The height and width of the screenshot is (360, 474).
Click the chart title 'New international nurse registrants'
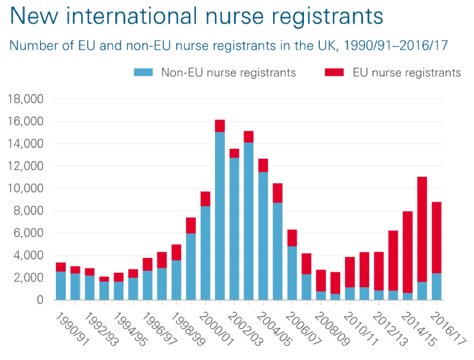point(196,16)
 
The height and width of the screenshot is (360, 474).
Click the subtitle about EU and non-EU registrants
point(229,46)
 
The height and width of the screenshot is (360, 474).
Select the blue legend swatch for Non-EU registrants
point(144,72)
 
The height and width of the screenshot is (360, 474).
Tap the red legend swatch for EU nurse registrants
point(334,72)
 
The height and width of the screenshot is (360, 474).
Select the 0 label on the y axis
point(40,300)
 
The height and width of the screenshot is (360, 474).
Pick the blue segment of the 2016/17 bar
point(436,286)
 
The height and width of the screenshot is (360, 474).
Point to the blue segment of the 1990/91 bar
point(61,285)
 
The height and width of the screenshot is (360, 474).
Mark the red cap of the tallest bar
point(219,126)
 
